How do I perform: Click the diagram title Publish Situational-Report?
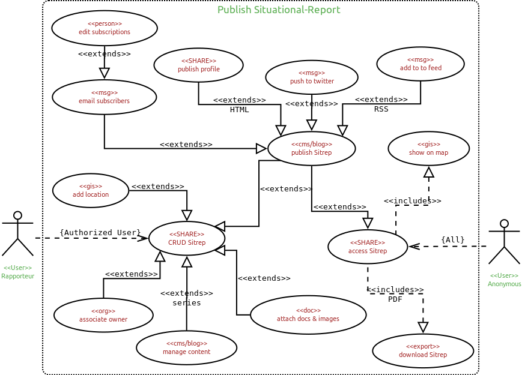click(279, 10)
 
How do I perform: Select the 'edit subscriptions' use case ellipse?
click(105, 28)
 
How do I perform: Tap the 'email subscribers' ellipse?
click(105, 97)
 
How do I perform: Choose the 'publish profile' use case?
click(198, 65)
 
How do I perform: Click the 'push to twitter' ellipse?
click(312, 77)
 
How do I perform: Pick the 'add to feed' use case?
click(420, 64)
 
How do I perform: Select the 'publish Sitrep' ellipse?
click(311, 149)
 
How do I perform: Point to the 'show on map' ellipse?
click(428, 149)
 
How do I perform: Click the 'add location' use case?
click(91, 191)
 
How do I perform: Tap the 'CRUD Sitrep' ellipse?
click(187, 239)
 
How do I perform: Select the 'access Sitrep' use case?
click(368, 247)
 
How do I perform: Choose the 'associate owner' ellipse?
click(103, 316)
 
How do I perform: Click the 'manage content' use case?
click(186, 348)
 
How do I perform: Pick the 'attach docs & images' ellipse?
click(308, 315)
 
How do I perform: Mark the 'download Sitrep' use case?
click(423, 351)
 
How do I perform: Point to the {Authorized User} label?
click(100, 233)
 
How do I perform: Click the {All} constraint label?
click(452, 240)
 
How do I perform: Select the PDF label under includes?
click(395, 299)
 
